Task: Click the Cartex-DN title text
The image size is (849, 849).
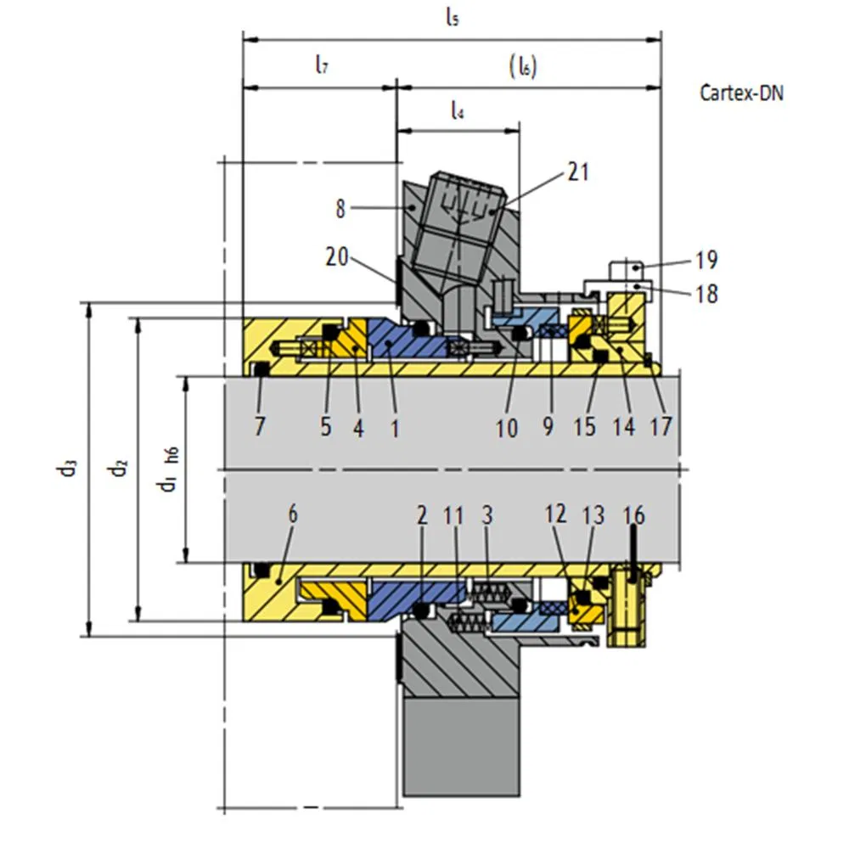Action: (x=740, y=93)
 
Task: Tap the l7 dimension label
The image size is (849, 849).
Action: (x=321, y=65)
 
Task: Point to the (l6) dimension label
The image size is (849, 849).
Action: (x=523, y=66)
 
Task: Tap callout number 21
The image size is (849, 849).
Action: (x=577, y=172)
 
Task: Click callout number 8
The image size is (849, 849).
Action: (x=341, y=209)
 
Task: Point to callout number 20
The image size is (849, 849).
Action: (x=338, y=256)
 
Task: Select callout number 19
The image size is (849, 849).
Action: (x=706, y=259)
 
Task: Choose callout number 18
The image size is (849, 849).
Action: (x=706, y=294)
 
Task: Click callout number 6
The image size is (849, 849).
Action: (x=293, y=514)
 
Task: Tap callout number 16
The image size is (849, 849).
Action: (x=633, y=514)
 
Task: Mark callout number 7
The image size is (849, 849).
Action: (x=260, y=426)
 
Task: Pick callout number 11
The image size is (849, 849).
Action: (x=454, y=514)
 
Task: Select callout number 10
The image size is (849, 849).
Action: (x=507, y=428)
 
